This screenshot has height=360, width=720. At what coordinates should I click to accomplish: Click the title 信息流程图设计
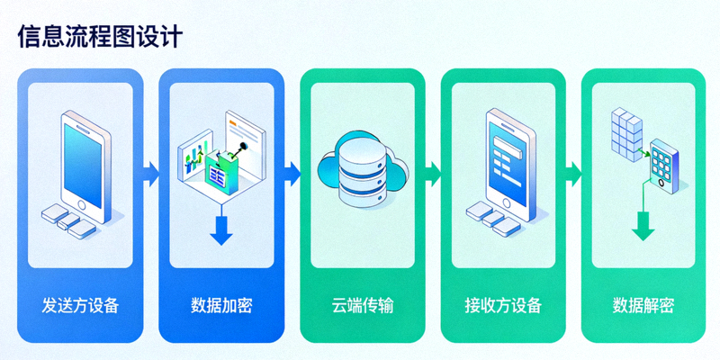click(x=100, y=36)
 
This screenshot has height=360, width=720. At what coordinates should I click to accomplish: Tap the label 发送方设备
click(x=80, y=304)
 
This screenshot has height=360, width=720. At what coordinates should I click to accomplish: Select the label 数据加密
click(x=221, y=304)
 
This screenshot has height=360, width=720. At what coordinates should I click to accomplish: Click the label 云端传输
click(x=362, y=304)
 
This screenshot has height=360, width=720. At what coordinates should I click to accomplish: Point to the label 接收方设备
click(x=503, y=304)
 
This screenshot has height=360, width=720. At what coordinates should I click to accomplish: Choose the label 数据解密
click(x=643, y=304)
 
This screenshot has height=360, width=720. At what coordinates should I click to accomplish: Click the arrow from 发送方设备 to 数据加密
click(x=149, y=171)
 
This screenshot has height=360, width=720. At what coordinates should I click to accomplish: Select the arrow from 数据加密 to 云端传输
click(x=291, y=171)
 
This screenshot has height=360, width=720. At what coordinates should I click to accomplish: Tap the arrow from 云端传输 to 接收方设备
click(x=431, y=171)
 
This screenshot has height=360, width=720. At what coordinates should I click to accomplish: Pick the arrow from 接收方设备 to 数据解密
click(x=572, y=171)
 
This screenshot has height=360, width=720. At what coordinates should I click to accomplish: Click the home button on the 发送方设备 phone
click(x=84, y=204)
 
